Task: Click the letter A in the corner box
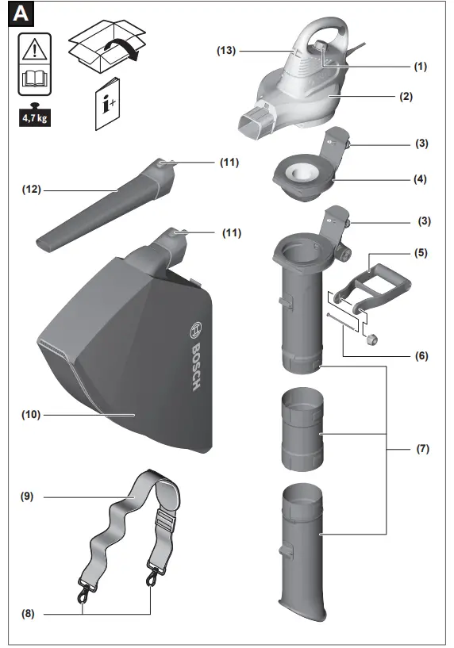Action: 21,14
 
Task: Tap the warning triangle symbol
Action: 35,49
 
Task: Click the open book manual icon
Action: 35,79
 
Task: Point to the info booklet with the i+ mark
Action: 107,104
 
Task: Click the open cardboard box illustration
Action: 106,47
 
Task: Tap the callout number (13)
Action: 226,51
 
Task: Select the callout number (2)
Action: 406,96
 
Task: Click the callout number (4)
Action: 420,179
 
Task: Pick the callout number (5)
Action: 421,252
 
